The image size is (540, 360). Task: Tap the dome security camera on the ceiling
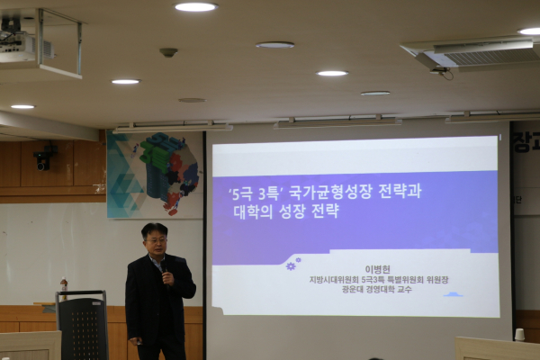(168, 52)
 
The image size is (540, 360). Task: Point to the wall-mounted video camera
(42, 158)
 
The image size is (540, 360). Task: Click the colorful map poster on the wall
(155, 175)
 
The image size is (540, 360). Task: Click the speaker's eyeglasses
(156, 241)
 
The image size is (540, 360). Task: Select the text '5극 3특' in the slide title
(251, 192)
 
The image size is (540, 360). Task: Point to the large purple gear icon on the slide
(291, 265)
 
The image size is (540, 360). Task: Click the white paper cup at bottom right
(519, 334)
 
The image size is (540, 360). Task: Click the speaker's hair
(154, 229)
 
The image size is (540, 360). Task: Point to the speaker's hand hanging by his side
(135, 342)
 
